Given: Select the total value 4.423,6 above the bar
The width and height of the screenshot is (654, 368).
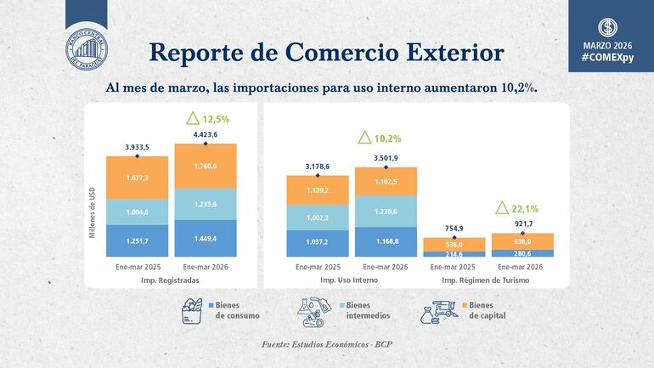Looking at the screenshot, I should (x=206, y=133).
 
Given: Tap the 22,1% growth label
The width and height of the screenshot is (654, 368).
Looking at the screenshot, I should (x=514, y=207).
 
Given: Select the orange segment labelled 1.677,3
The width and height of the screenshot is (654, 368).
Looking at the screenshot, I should (x=137, y=179).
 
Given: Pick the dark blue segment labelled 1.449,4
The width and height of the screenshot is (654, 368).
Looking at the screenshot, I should (x=206, y=239).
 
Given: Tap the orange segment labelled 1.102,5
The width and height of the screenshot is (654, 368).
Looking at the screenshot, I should (x=386, y=181).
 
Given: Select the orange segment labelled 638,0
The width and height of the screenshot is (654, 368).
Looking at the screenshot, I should (x=522, y=241).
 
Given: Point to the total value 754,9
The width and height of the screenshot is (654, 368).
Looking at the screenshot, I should (x=454, y=228).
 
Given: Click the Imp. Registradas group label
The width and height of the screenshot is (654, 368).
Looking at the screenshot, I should (x=171, y=279).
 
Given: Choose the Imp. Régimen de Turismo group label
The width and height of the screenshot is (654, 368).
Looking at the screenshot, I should (x=488, y=279).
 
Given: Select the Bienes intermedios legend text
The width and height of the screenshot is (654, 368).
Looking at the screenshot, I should (x=368, y=310).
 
